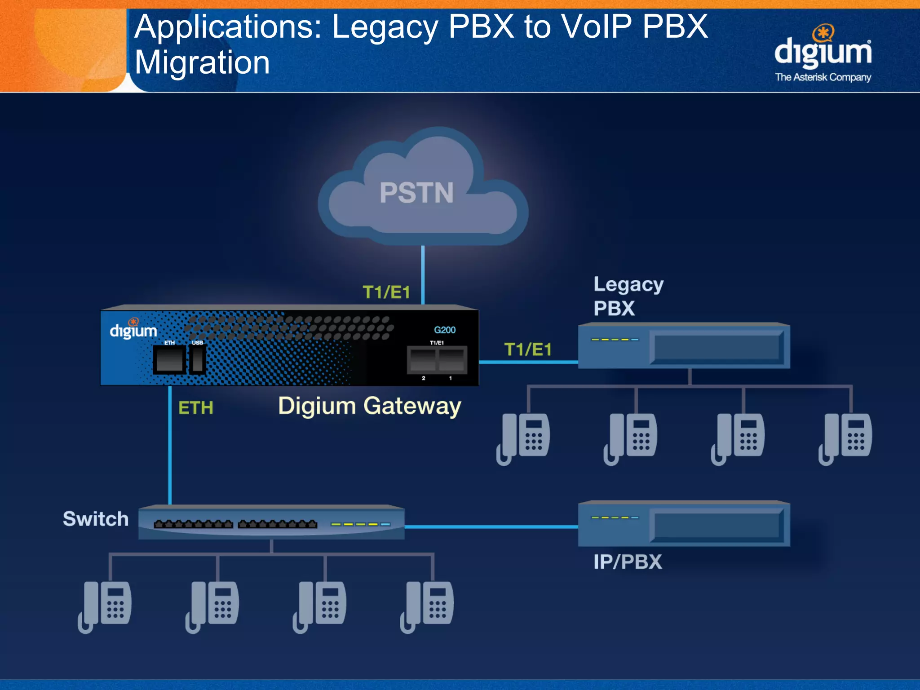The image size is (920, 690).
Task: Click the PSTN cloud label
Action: pos(416,193)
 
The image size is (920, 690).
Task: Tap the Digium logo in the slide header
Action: pos(823,49)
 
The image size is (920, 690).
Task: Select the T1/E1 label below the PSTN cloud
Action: pos(386,292)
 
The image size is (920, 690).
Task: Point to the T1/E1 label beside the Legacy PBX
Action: pos(528,349)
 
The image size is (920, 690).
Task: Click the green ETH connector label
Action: pos(195,408)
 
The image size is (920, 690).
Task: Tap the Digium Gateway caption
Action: pos(369,406)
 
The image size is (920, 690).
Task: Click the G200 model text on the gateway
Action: pos(444,330)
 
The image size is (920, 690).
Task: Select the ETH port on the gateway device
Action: pos(169,360)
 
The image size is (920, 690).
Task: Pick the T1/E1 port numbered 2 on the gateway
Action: pos(423,360)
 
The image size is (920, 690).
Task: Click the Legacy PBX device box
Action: pos(684,346)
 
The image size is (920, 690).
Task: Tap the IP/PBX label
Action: pos(628,562)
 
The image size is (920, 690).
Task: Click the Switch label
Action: pos(96,519)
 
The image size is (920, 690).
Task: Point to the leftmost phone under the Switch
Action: pos(106,606)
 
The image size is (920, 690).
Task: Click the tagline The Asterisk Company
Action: pos(823,77)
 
